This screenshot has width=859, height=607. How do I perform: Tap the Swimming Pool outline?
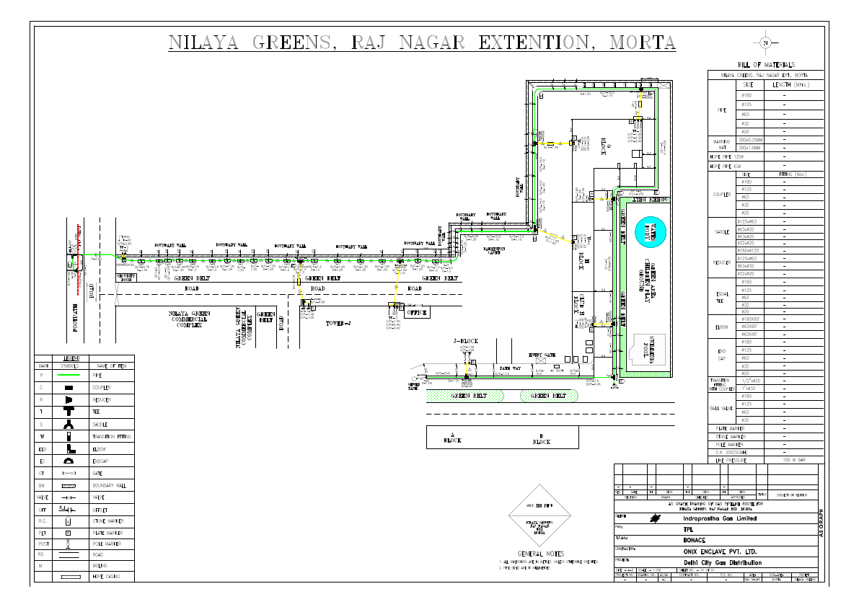point(646,353)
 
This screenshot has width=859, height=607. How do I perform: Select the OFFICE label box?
point(416,313)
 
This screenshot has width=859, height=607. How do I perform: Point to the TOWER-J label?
point(338,322)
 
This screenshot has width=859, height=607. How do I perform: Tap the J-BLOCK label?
point(465,340)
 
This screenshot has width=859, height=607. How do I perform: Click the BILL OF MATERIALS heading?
point(765,65)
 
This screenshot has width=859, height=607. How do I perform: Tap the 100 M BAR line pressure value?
point(793,459)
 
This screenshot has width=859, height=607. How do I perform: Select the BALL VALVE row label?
point(721,408)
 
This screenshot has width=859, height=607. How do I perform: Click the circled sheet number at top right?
point(765,43)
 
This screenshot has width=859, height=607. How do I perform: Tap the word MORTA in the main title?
point(643,42)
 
